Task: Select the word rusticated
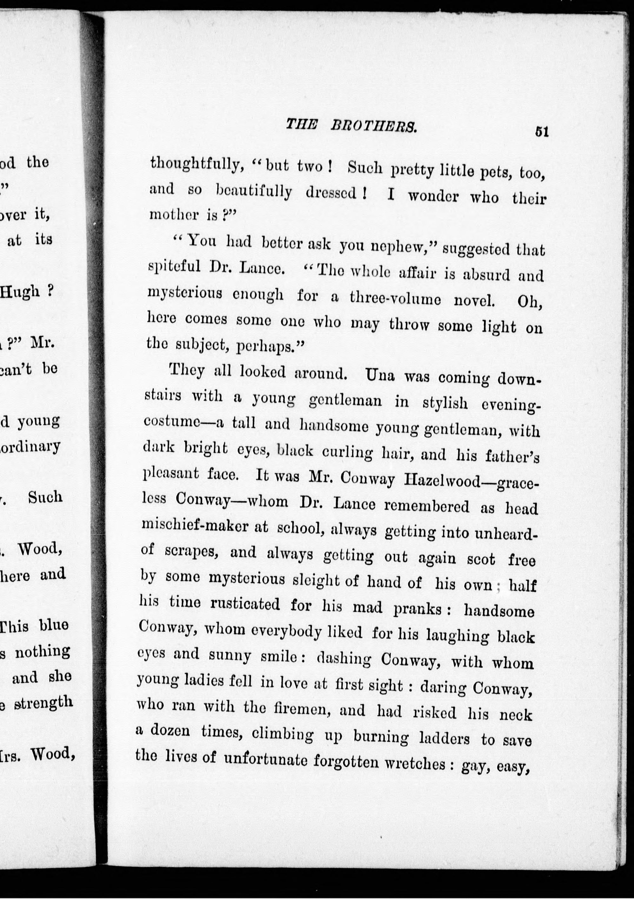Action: pos(246,604)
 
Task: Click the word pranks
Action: pos(418,609)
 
